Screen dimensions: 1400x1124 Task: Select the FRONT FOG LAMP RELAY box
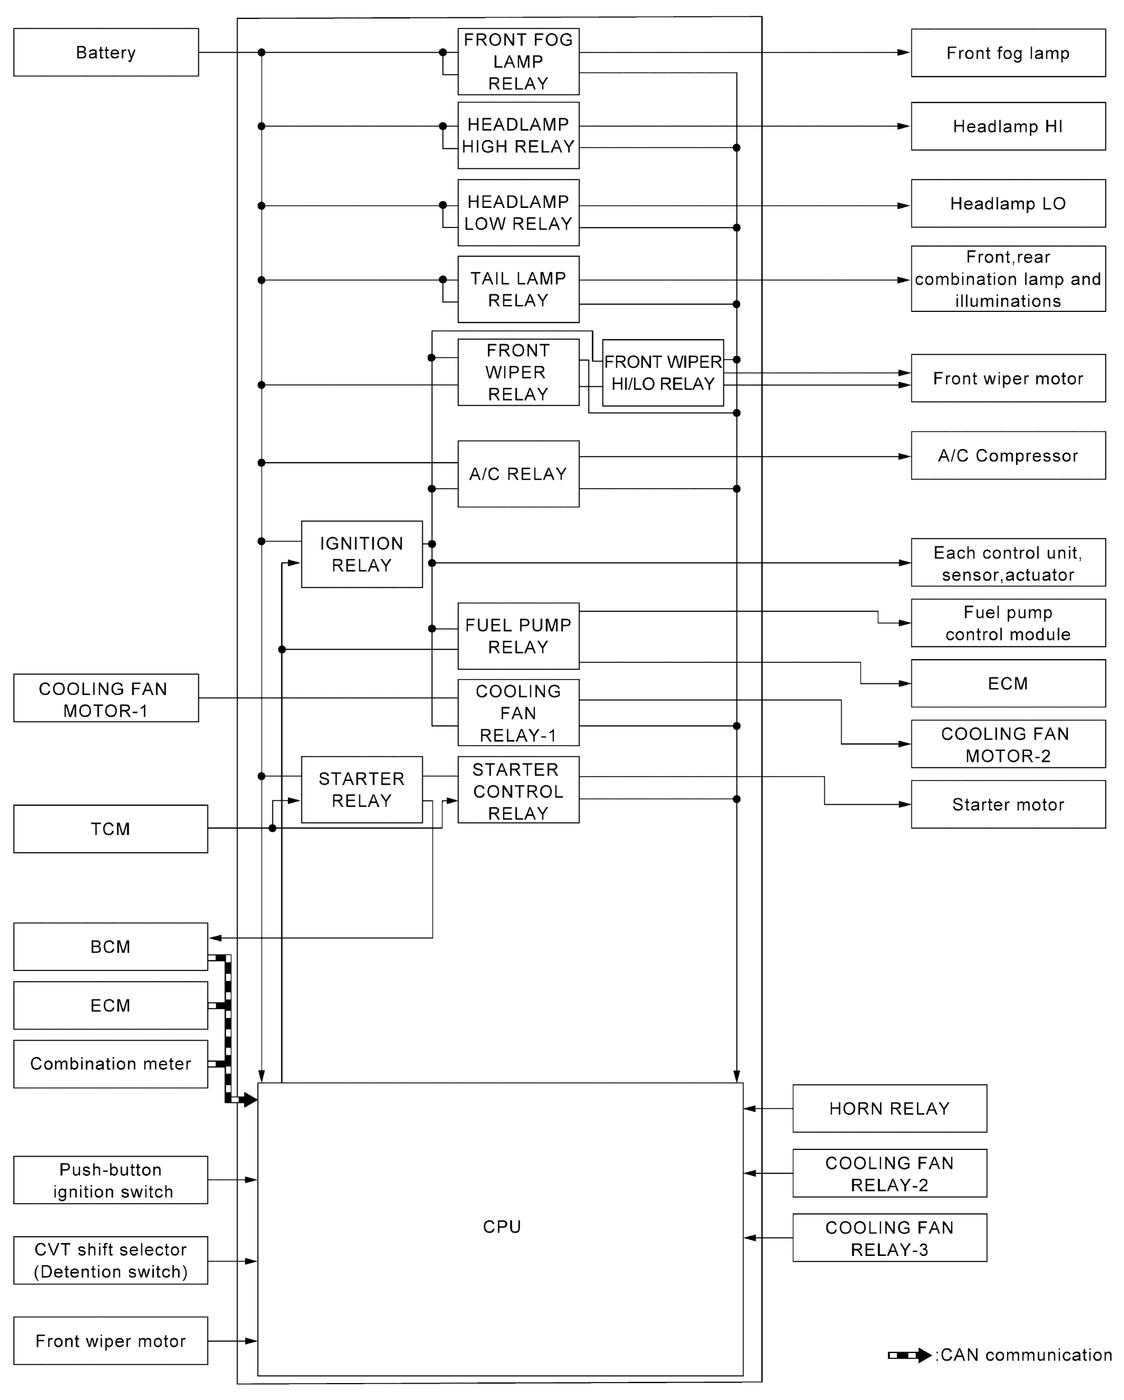click(x=518, y=62)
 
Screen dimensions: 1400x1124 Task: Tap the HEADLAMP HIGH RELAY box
click(x=518, y=135)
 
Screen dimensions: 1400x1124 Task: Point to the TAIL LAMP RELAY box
click(x=518, y=289)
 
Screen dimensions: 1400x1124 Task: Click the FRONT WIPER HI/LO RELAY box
click(x=662, y=373)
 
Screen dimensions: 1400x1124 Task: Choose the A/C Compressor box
click(x=1007, y=455)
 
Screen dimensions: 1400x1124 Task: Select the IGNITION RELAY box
click(x=361, y=554)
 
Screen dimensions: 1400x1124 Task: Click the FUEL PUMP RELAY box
click(x=518, y=636)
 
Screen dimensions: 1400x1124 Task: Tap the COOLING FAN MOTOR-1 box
click(x=106, y=699)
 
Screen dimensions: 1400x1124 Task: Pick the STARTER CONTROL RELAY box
click(x=518, y=791)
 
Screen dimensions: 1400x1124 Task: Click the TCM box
click(x=110, y=828)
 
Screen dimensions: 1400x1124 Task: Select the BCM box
click(x=110, y=946)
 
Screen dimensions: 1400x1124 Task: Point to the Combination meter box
click(x=110, y=1064)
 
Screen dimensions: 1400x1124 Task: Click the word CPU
click(x=501, y=1226)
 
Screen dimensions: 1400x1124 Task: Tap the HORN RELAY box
click(x=889, y=1108)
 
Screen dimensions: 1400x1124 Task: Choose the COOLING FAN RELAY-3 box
click(x=889, y=1239)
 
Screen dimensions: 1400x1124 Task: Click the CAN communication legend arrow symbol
click(x=909, y=1355)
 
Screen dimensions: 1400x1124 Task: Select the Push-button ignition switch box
click(x=110, y=1180)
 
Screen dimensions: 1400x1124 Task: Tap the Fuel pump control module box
click(x=1007, y=623)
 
